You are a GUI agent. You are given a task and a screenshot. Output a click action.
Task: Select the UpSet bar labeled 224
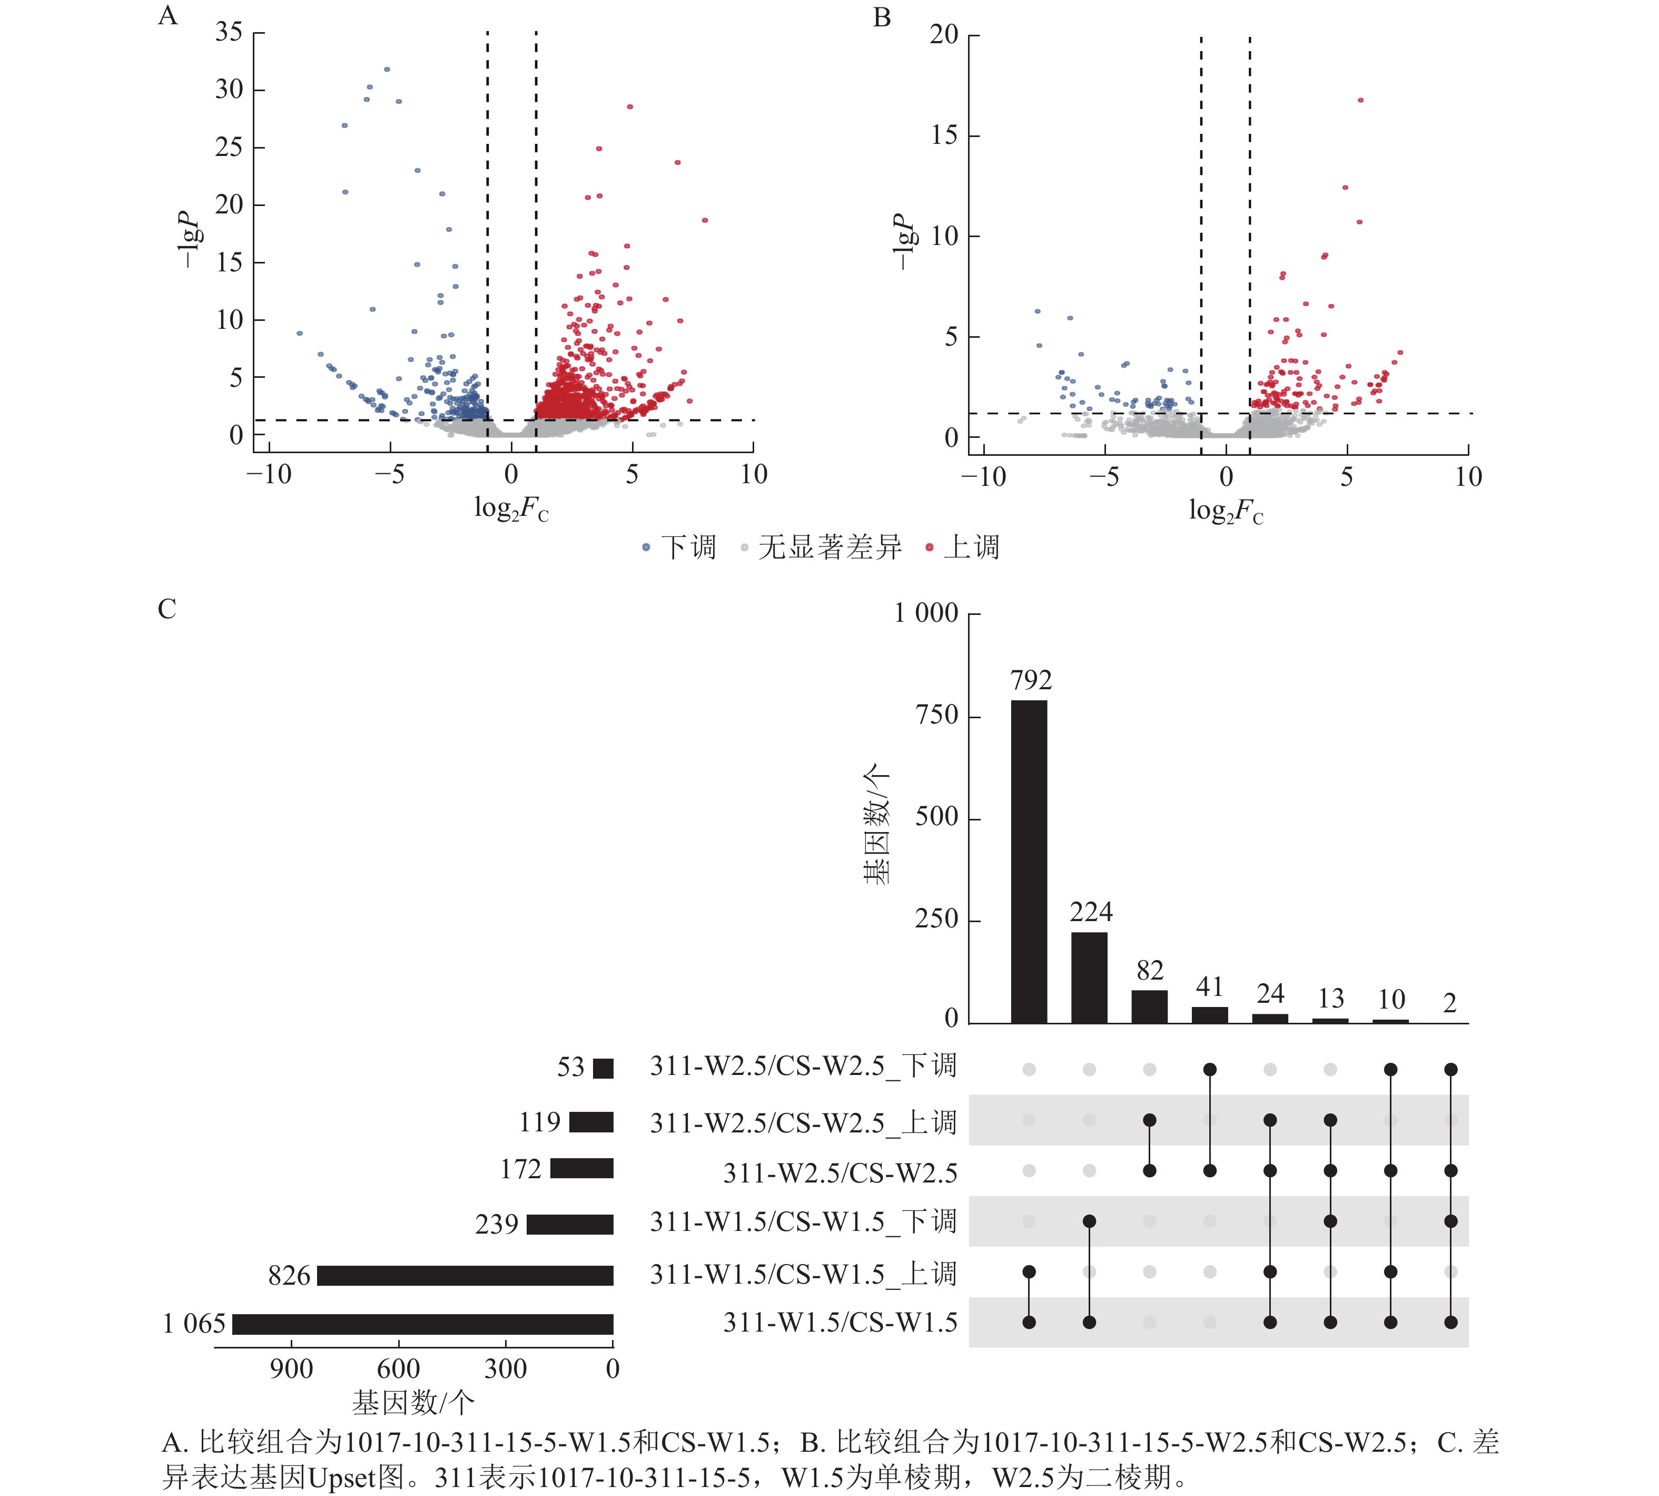coord(1089,977)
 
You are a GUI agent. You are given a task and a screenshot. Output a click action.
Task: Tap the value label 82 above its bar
coord(1150,971)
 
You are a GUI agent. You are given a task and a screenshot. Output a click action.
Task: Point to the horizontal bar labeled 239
coord(569,1225)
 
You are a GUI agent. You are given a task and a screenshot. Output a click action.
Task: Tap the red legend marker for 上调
coord(930,547)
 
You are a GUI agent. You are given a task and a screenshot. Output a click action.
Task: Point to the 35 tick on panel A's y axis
coord(229,33)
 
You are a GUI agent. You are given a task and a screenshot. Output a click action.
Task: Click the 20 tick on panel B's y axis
coord(944,35)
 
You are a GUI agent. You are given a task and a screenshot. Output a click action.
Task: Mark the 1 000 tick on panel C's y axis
coord(926,613)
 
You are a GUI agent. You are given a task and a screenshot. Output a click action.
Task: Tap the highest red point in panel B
coord(1361,100)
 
